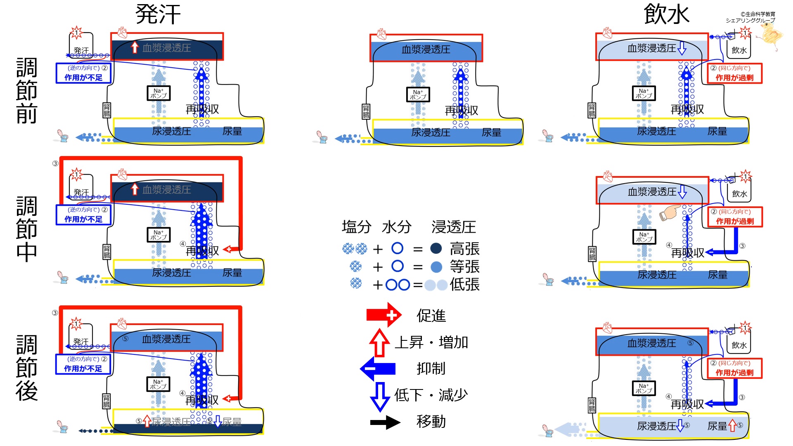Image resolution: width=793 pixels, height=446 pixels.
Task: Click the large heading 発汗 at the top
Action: point(158,14)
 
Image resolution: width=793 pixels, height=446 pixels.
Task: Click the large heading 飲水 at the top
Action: point(666,14)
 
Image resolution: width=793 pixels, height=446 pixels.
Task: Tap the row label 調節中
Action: point(27,229)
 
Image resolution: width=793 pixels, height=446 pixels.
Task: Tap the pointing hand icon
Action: point(670,212)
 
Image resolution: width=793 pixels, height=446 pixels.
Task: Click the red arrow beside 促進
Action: point(383,315)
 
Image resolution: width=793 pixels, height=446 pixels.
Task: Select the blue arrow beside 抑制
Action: point(378,368)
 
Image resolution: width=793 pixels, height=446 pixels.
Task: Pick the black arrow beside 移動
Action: point(385,422)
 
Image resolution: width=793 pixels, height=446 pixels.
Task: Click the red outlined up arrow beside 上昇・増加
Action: point(379,342)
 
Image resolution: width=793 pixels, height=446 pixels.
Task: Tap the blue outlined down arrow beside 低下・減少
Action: point(380,396)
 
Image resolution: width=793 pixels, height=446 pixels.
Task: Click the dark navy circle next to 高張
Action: point(436,248)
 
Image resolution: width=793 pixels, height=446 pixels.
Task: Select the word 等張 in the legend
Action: point(465,267)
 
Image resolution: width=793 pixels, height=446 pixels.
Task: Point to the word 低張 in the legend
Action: point(465,285)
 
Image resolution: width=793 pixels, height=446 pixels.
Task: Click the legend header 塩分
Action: point(357,227)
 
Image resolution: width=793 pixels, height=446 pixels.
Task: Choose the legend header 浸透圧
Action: point(454,227)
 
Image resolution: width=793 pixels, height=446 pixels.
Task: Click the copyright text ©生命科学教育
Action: point(757,14)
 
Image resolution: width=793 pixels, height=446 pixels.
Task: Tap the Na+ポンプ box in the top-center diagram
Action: point(418,94)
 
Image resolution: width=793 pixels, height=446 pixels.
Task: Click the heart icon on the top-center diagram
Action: point(381,34)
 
